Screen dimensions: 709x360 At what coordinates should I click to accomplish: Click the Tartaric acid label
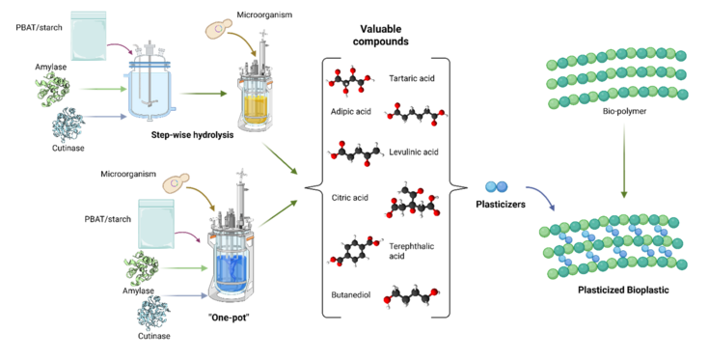pyautogui.click(x=412, y=78)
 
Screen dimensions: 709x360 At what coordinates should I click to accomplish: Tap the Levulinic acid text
pyautogui.click(x=413, y=152)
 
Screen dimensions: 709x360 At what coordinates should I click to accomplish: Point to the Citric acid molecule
pyautogui.click(x=413, y=201)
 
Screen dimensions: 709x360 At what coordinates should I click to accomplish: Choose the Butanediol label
pyautogui.click(x=351, y=295)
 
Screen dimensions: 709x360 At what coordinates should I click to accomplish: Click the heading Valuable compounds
pyautogui.click(x=381, y=36)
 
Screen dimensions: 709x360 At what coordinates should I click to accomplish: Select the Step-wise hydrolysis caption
pyautogui.click(x=192, y=135)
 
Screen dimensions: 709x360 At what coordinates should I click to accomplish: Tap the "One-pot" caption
pyautogui.click(x=229, y=318)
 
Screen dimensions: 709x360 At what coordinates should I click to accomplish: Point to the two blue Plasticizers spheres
pyautogui.click(x=497, y=186)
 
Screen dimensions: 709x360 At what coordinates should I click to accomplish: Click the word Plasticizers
pyautogui.click(x=501, y=205)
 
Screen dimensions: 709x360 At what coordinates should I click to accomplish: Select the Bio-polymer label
pyautogui.click(x=624, y=111)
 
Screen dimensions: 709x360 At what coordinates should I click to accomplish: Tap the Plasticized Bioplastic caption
pyautogui.click(x=623, y=291)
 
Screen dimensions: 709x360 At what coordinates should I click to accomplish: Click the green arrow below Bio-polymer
pyautogui.click(x=624, y=161)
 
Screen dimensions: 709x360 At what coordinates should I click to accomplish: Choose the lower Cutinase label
pyautogui.click(x=154, y=336)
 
